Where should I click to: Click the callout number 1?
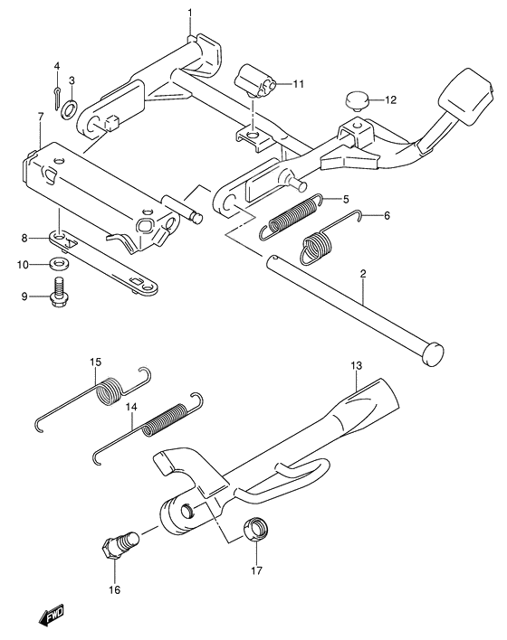pos(190,14)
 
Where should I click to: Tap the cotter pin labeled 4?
pos(58,98)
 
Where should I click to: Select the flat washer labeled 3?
pos(68,109)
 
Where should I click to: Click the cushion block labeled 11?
pos(256,80)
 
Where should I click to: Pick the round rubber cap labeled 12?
pos(358,101)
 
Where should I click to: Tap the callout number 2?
pos(363,274)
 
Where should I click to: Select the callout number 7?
pos(41,118)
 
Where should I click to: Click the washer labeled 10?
pos(59,264)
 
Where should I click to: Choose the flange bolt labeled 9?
pos(58,292)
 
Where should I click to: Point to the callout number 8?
pos(24,238)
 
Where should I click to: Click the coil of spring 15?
pos(109,391)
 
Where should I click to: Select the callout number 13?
pos(357,365)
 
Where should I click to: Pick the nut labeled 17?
pos(256,529)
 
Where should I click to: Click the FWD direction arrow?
pos(52,615)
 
